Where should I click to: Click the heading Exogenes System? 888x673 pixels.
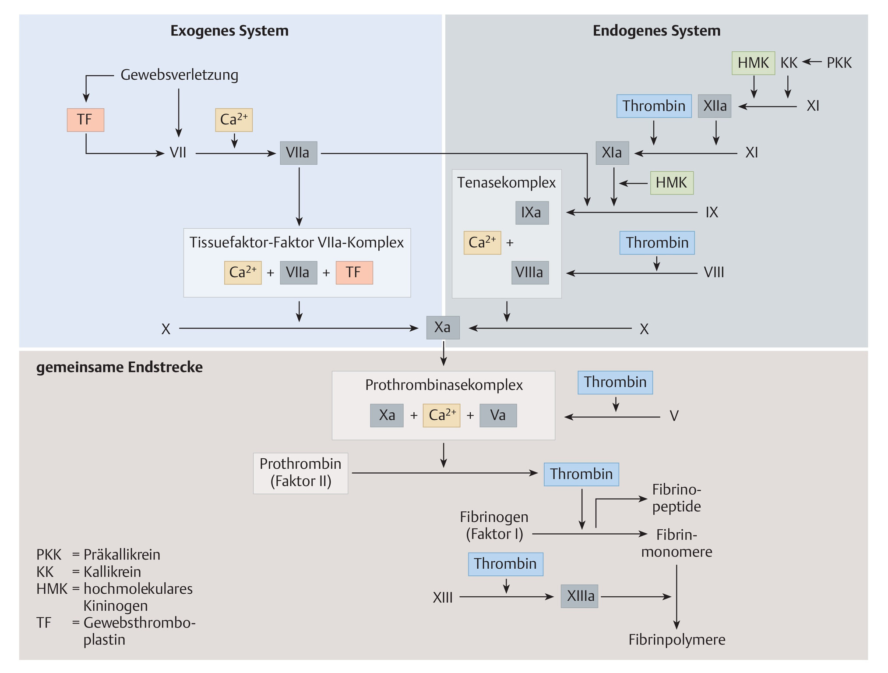(x=229, y=31)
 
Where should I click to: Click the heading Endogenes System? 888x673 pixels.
(x=656, y=31)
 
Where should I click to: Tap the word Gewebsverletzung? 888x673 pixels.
(x=180, y=75)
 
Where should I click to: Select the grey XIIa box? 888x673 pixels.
(x=715, y=106)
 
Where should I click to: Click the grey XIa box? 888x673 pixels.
(x=612, y=153)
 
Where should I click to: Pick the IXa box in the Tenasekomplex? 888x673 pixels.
(x=532, y=213)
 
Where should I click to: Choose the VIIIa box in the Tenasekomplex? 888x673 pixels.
(x=530, y=273)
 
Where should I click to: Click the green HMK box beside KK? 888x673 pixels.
(x=754, y=63)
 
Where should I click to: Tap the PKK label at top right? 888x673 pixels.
(x=839, y=63)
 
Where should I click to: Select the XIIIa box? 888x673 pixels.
(x=580, y=596)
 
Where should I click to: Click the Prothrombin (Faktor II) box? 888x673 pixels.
(x=301, y=473)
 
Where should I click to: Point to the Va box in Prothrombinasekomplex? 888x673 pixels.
(x=498, y=415)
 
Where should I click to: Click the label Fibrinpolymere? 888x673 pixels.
(x=677, y=640)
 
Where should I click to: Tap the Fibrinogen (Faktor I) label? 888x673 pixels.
(x=494, y=526)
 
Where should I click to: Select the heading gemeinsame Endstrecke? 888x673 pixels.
(x=120, y=367)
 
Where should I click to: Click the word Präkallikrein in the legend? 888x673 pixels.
(x=122, y=555)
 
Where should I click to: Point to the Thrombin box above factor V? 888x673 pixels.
(x=615, y=383)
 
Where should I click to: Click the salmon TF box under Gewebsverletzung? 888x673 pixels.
(x=85, y=120)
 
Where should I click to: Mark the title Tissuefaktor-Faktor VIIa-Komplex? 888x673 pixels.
(x=297, y=243)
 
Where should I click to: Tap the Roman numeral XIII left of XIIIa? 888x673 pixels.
(x=443, y=598)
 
